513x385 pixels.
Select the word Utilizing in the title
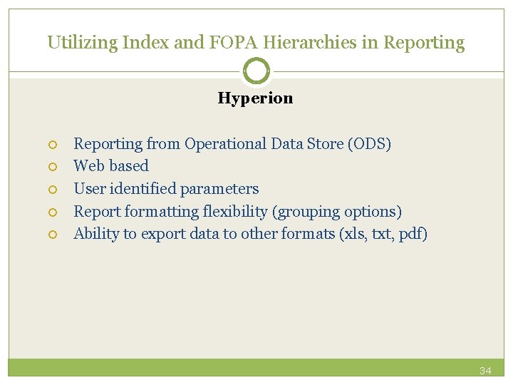82,43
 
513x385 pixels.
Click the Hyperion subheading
255,98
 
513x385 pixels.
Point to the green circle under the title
256,71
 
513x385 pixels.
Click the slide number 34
485,371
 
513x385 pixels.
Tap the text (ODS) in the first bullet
369,144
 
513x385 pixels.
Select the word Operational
226,144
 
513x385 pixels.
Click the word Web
89,166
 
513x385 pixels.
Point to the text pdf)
412,234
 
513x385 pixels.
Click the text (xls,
353,234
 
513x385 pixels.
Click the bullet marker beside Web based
52,167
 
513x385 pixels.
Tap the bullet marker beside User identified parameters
52,190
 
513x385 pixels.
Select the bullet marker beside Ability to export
52,235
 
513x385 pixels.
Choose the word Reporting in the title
424,43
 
